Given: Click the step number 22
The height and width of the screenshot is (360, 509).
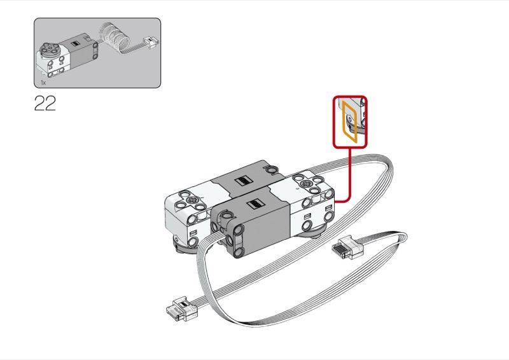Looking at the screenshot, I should coord(45,104).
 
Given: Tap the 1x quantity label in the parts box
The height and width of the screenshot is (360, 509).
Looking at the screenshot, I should coord(43,83).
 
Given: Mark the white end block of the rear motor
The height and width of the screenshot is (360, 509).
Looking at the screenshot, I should coord(185,210).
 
